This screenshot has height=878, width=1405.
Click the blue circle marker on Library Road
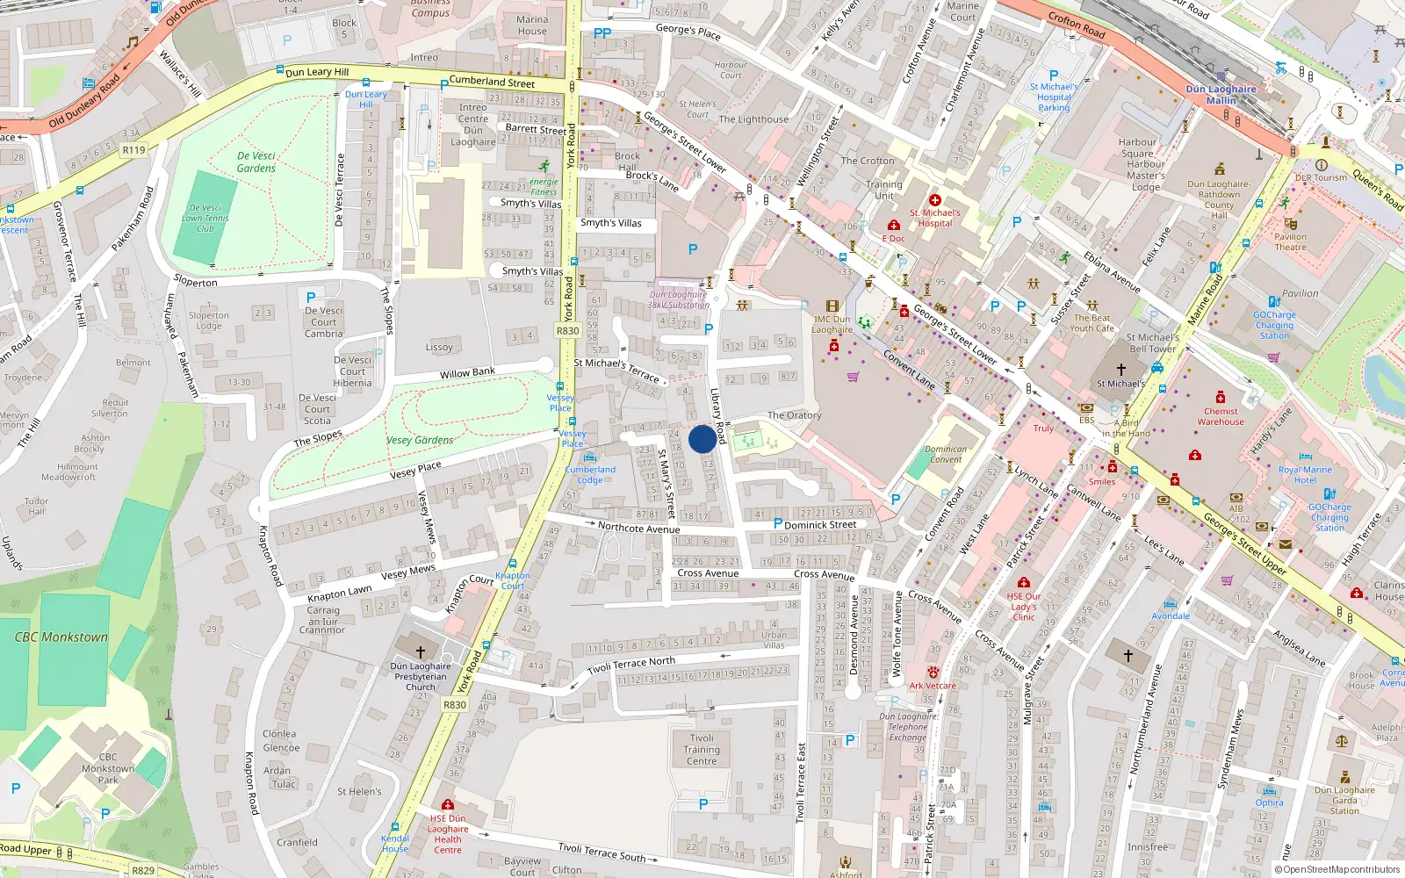(x=702, y=439)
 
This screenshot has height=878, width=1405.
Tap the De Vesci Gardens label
(x=256, y=162)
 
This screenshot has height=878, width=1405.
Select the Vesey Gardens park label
(x=420, y=440)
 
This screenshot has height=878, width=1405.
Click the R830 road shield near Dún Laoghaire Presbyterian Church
(x=455, y=704)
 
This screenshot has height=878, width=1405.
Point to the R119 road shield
(x=133, y=149)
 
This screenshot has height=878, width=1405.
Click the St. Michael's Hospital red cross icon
(x=934, y=200)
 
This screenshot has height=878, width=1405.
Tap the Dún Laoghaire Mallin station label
(x=1221, y=94)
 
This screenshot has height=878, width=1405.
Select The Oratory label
(x=794, y=415)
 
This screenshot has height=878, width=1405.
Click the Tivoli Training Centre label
(x=702, y=749)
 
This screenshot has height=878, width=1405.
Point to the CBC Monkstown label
(x=61, y=637)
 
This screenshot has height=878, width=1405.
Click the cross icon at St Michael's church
(x=1120, y=370)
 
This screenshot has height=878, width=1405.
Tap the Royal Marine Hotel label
(x=1305, y=474)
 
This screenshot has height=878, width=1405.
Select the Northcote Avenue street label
(x=638, y=528)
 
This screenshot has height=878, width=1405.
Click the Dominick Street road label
(x=820, y=525)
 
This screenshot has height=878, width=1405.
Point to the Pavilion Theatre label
(x=1290, y=241)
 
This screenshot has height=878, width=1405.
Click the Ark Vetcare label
(x=933, y=686)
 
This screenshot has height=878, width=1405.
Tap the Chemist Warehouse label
(x=1221, y=416)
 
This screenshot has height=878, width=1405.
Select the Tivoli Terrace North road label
(x=631, y=665)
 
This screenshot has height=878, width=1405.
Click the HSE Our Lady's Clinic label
(x=1024, y=606)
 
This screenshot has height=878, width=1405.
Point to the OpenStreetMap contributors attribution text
(x=1337, y=869)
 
